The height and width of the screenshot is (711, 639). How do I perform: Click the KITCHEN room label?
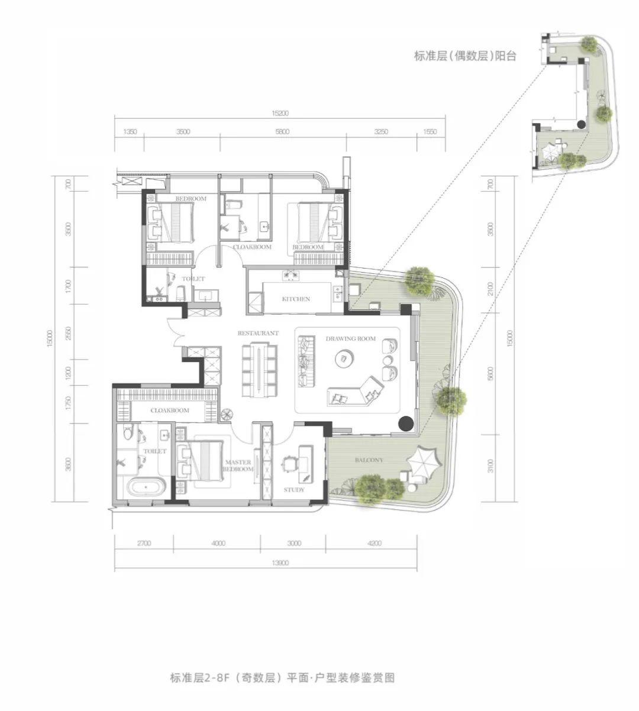(x=296, y=299)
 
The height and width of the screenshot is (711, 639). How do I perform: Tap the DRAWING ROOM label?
(x=351, y=339)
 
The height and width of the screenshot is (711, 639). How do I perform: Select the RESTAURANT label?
(x=258, y=334)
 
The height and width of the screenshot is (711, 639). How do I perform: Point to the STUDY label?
(x=294, y=490)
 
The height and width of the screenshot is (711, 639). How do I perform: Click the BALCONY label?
(x=369, y=460)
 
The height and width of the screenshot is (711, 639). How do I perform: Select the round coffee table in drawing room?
(x=344, y=358)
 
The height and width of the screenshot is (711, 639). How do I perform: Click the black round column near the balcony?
(x=405, y=423)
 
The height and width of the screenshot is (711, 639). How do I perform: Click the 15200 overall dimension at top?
(x=280, y=113)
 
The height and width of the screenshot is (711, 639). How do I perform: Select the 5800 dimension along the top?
(x=282, y=132)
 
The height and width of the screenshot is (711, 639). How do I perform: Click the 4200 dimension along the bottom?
(x=374, y=543)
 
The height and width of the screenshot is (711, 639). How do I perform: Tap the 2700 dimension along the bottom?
(x=144, y=543)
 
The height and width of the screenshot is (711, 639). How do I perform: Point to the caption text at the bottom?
(x=282, y=678)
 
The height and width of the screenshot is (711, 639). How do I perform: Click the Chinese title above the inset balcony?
(x=465, y=56)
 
